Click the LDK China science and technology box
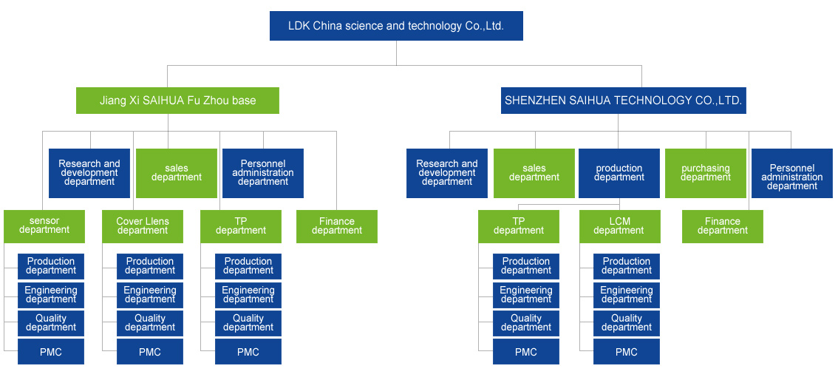[396, 26]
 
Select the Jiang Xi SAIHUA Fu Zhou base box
[177, 101]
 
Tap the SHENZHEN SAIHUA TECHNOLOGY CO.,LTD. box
[623, 101]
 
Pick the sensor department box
[44, 226]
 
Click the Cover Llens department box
[143, 226]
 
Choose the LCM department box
[619, 226]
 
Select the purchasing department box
[705, 173]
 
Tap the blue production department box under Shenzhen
[619, 173]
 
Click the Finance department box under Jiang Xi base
[336, 226]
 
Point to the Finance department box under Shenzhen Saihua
[722, 226]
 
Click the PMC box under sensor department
[51, 352]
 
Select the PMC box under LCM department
[626, 352]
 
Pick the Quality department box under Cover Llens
[150, 323]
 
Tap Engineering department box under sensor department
[51, 295]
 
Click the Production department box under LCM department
[626, 266]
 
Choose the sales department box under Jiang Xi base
[176, 173]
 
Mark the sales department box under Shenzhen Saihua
[534, 173]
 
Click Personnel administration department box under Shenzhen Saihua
[791, 173]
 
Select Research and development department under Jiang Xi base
[89, 173]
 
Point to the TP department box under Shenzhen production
[518, 226]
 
